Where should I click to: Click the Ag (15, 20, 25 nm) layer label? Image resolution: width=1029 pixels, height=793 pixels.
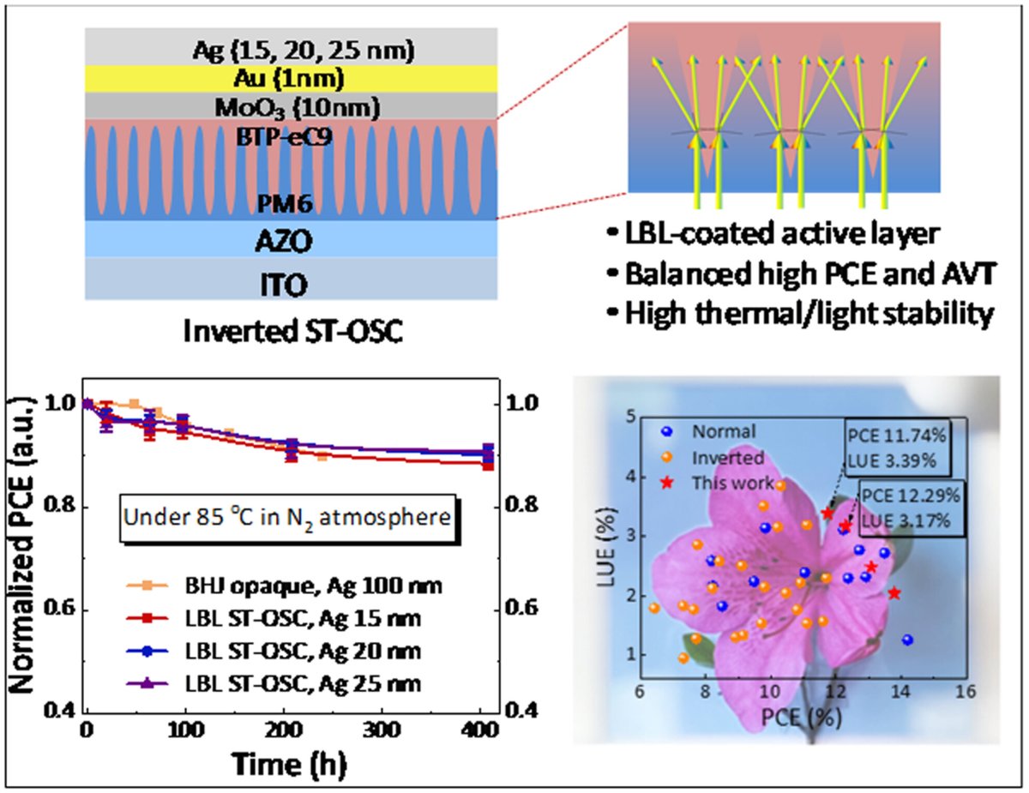pos(292,51)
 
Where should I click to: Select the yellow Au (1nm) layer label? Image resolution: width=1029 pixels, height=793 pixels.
pos(292,80)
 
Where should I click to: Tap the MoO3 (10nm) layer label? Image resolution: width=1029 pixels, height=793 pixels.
pos(292,108)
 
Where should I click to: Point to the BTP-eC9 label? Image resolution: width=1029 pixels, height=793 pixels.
pos(292,134)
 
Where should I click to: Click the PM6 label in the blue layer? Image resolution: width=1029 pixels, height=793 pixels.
pos(292,203)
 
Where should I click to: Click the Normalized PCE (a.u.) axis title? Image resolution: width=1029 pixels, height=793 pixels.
pos(26,550)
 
